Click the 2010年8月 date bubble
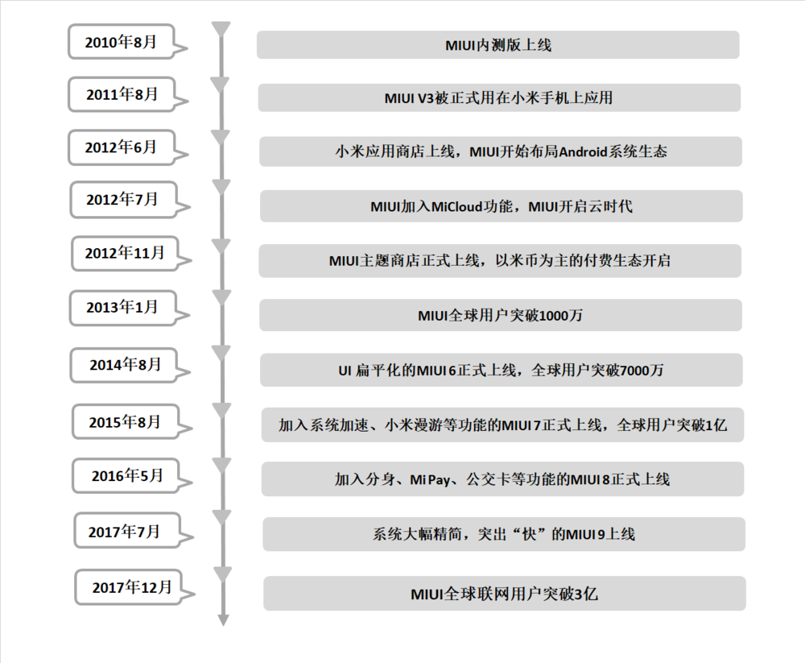[x=122, y=42]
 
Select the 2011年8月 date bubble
[x=122, y=94]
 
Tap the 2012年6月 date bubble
[x=122, y=147]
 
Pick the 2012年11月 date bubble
[x=125, y=253]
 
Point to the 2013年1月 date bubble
[x=122, y=308]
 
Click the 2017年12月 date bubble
[x=128, y=587]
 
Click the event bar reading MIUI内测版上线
[x=498, y=45]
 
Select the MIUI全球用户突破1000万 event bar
[x=501, y=315]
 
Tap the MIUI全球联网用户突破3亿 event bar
[x=505, y=594]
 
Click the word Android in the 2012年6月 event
[x=583, y=151]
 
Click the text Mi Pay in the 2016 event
[x=430, y=480]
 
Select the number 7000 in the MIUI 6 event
[x=634, y=370]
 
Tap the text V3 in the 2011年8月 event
[x=426, y=97]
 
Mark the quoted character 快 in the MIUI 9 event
[x=529, y=535]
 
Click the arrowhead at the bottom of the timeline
[x=223, y=619]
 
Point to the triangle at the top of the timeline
[x=221, y=29]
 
